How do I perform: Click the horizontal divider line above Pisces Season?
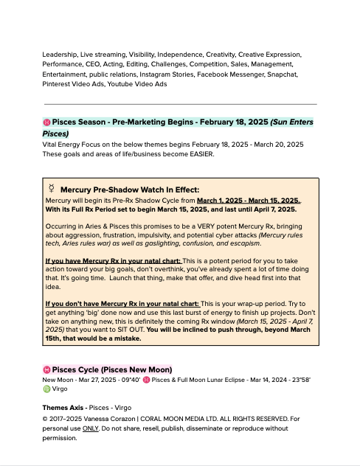click(180, 104)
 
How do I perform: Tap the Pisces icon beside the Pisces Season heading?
click(46, 122)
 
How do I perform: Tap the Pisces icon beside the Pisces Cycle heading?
click(46, 369)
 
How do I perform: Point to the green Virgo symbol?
click(46, 389)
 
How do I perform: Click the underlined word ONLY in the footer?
click(91, 428)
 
